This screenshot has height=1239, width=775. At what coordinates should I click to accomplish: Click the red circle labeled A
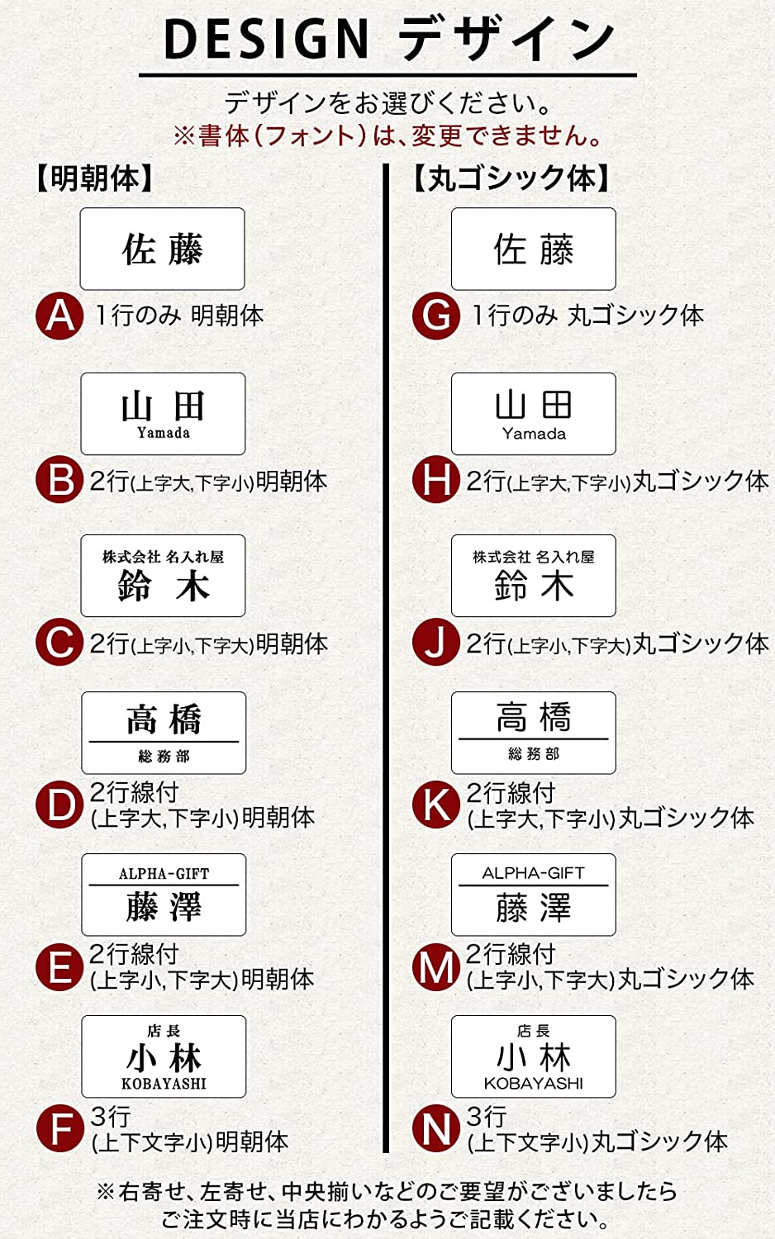pyautogui.click(x=59, y=316)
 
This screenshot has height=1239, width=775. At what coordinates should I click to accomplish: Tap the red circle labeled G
pyautogui.click(x=436, y=316)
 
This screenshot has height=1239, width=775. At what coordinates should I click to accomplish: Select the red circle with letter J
pyautogui.click(x=436, y=642)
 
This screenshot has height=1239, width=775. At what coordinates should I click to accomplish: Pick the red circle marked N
pyautogui.click(x=436, y=1128)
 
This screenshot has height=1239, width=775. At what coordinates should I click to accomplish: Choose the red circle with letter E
pyautogui.click(x=59, y=967)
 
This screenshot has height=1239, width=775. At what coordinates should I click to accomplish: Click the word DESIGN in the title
pyautogui.click(x=267, y=39)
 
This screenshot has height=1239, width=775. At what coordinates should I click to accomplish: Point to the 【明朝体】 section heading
pyautogui.click(x=94, y=178)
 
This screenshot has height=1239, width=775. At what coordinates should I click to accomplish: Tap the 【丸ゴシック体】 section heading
pyautogui.click(x=511, y=178)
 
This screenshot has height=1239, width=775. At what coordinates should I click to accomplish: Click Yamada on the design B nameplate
pyautogui.click(x=164, y=433)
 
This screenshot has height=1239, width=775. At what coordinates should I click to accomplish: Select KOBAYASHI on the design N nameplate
pyautogui.click(x=533, y=1083)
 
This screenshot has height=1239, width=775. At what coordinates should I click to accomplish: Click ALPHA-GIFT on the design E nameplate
pyautogui.click(x=164, y=874)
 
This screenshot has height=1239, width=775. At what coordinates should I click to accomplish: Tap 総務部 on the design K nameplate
pyautogui.click(x=534, y=753)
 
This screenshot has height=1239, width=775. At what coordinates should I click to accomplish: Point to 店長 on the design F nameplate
pyautogui.click(x=164, y=1031)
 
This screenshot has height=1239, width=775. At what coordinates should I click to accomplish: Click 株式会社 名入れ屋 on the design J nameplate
pyautogui.click(x=534, y=557)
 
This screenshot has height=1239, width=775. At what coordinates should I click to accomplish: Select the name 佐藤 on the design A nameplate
pyautogui.click(x=163, y=249)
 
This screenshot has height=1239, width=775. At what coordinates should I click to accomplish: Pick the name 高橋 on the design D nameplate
pyautogui.click(x=164, y=719)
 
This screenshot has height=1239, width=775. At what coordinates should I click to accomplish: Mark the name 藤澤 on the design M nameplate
pyautogui.click(x=534, y=908)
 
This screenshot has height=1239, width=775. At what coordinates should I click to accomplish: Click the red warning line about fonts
pyautogui.click(x=387, y=136)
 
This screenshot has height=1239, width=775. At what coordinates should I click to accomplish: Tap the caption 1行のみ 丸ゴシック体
pyautogui.click(x=587, y=316)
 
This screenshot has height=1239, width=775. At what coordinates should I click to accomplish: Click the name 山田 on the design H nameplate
pyautogui.click(x=534, y=405)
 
